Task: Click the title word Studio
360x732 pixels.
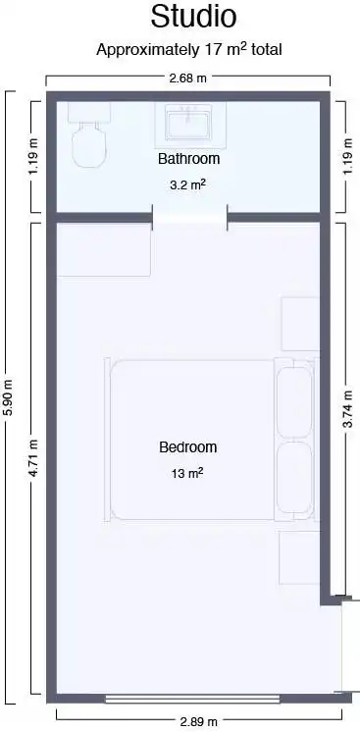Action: pos(193,18)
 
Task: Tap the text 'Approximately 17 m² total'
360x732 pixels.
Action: pos(189,49)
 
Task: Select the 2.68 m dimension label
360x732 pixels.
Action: pos(187,78)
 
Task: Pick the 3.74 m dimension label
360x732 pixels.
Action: pos(348,409)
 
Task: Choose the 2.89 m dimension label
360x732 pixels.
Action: pos(199,722)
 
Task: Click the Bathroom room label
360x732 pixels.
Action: pos(188,159)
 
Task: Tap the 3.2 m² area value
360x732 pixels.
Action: pos(188,184)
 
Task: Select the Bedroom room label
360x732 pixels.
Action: pos(188,447)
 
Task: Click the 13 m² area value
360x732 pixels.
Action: pos(187,473)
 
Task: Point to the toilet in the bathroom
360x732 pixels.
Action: pos(89,135)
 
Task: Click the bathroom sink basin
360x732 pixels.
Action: pos(188,123)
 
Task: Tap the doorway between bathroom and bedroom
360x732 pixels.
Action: pos(190,218)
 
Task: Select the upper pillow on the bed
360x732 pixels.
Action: pos(294,402)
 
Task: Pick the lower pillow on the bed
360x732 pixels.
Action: pos(294,477)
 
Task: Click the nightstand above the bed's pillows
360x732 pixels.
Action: pos(301,324)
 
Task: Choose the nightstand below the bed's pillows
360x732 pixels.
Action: pos(300,557)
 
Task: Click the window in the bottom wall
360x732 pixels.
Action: pos(192,699)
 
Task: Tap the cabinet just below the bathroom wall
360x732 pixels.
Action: pos(104,249)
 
